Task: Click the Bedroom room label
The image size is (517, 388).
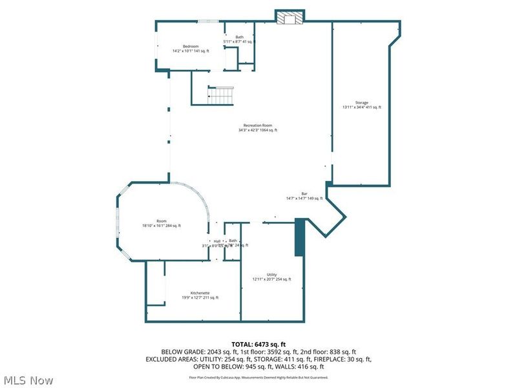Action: point(190,46)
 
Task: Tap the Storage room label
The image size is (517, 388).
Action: point(361,103)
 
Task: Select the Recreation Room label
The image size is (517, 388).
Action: point(257,125)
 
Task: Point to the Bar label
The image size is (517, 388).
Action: point(304,193)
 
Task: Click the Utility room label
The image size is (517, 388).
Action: point(271,275)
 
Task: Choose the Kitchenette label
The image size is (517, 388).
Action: point(199,293)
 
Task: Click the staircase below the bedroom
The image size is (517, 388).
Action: point(220,96)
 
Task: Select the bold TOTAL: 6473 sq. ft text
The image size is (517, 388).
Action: point(258,343)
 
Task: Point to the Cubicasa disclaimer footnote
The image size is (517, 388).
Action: point(258,377)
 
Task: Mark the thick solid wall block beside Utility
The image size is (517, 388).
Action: point(299,238)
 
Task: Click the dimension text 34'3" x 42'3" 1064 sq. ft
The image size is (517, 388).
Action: point(257,130)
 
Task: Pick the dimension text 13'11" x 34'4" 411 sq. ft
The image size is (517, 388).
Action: point(362,107)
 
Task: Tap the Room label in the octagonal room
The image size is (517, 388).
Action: point(162,221)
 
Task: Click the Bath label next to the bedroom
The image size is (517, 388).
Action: point(239,38)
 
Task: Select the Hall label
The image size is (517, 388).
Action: point(217,241)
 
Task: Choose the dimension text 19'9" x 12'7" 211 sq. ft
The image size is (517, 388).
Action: point(200,297)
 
